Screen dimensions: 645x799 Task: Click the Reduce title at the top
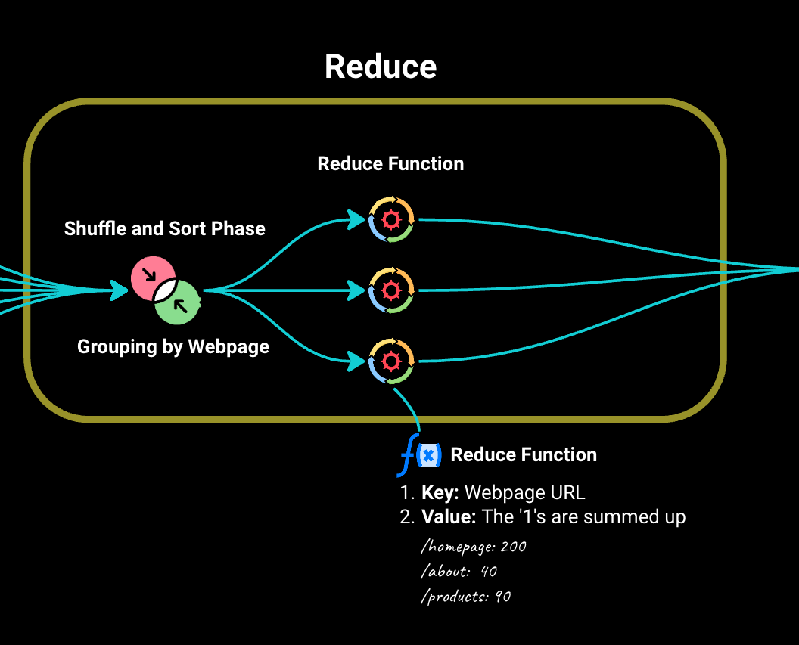click(x=381, y=67)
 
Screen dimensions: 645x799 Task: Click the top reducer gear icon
click(x=391, y=219)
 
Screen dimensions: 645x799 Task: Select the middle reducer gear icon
click(x=391, y=290)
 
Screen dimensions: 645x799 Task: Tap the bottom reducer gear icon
click(x=391, y=361)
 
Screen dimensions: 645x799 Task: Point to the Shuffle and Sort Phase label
click(x=165, y=228)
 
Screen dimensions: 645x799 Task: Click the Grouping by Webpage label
click(x=173, y=346)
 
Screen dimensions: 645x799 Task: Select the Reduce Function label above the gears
click(x=390, y=163)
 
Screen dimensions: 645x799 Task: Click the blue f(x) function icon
click(x=420, y=455)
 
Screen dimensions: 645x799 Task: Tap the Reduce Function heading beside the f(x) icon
click(x=524, y=454)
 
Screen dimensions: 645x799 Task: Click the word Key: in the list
click(x=440, y=493)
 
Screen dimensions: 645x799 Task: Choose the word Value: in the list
click(x=449, y=517)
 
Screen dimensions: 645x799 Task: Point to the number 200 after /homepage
click(x=513, y=547)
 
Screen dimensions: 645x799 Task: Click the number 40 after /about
click(x=488, y=572)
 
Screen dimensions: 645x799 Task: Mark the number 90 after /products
click(x=502, y=597)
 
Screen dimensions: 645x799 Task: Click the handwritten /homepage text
click(x=459, y=547)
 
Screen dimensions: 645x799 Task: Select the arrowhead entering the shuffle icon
click(x=119, y=290)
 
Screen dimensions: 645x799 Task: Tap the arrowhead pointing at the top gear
click(x=356, y=220)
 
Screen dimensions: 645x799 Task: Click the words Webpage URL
click(x=524, y=493)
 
